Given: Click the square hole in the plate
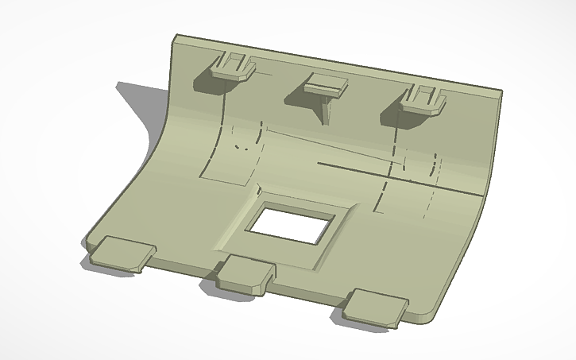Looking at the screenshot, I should [291, 223].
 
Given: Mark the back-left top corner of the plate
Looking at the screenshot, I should [177, 37].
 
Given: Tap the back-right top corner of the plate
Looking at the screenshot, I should [501, 91].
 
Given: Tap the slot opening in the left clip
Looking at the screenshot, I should [234, 60].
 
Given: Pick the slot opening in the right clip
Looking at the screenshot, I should [425, 93].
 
